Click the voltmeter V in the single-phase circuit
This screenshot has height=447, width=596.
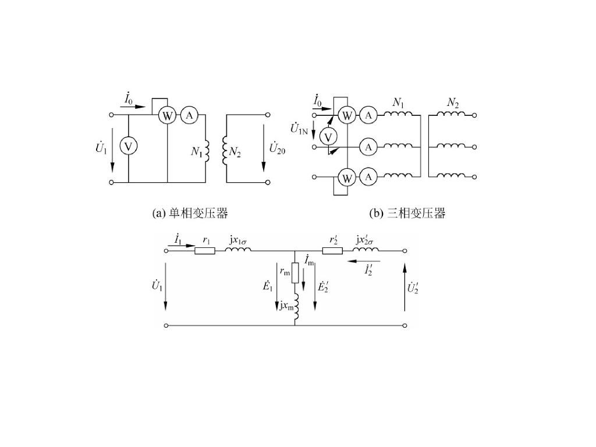pyautogui.click(x=129, y=146)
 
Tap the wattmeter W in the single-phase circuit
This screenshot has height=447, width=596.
pyautogui.click(x=168, y=115)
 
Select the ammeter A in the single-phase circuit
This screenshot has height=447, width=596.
pyautogui.click(x=189, y=115)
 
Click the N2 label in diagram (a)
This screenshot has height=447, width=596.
pyautogui.click(x=235, y=152)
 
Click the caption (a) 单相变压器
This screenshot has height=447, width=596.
pyautogui.click(x=190, y=214)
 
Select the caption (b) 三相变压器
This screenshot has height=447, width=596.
pyautogui.click(x=407, y=214)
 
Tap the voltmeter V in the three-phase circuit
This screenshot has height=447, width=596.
pyautogui.click(x=329, y=136)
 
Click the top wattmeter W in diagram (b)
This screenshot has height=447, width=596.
pyautogui.click(x=347, y=115)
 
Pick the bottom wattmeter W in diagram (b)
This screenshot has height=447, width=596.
pyautogui.click(x=347, y=176)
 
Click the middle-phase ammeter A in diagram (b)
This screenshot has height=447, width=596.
pyautogui.click(x=368, y=147)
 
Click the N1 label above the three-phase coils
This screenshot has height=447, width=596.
pyautogui.click(x=398, y=102)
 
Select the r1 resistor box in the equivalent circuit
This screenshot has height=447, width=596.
pyautogui.click(x=205, y=251)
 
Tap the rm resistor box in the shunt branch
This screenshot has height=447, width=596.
pyautogui.click(x=295, y=272)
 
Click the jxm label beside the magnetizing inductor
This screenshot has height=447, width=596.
pyautogui.click(x=286, y=305)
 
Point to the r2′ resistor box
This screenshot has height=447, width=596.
pyautogui.click(x=332, y=251)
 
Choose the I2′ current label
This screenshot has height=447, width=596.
pyautogui.click(x=368, y=270)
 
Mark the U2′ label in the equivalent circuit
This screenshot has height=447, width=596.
pyautogui.click(x=413, y=288)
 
